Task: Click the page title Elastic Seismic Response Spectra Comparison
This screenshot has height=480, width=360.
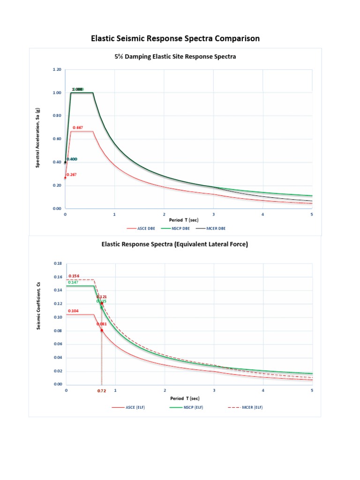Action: (x=175, y=38)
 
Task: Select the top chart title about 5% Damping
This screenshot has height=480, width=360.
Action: (x=175, y=57)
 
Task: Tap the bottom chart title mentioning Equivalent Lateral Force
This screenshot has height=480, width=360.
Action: (x=175, y=244)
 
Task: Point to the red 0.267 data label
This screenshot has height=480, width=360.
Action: (x=71, y=175)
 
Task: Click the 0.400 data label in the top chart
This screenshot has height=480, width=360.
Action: (x=72, y=159)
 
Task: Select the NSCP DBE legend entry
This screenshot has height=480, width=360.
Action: (x=176, y=228)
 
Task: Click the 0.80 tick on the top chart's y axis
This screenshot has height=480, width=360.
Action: (x=57, y=116)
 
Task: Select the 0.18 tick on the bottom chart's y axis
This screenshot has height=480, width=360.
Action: (x=58, y=264)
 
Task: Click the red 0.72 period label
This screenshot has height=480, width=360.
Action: (x=101, y=390)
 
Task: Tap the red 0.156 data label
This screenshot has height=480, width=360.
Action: (x=74, y=276)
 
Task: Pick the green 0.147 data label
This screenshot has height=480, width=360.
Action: (x=73, y=282)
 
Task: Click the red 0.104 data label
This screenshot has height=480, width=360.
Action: (x=73, y=311)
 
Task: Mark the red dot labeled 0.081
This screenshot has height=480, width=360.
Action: (x=102, y=330)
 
